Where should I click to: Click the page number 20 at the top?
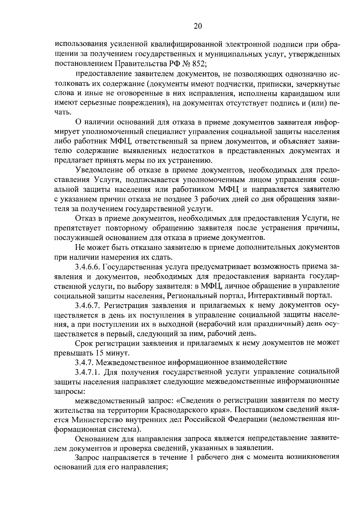198,26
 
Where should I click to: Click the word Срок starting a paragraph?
83,343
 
